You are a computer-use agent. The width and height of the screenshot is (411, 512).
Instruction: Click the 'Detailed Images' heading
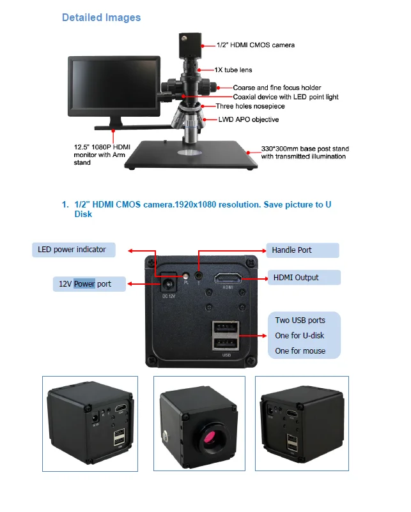click(101, 17)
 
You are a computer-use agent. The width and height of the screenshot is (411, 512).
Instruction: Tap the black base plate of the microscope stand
click(192, 157)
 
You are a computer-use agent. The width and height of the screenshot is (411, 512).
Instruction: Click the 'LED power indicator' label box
click(74, 249)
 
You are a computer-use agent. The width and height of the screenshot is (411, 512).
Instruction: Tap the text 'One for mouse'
click(300, 350)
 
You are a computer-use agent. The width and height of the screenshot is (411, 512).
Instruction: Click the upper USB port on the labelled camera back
click(226, 329)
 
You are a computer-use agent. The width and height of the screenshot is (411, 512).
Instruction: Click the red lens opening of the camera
click(211, 440)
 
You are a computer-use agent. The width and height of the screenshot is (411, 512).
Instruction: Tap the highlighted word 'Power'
click(84, 284)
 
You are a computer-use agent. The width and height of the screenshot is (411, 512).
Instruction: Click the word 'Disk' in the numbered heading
click(83, 215)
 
